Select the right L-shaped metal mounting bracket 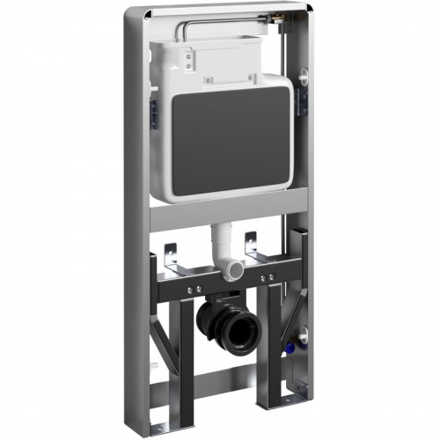click(252, 246)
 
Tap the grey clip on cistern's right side click(303, 88)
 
